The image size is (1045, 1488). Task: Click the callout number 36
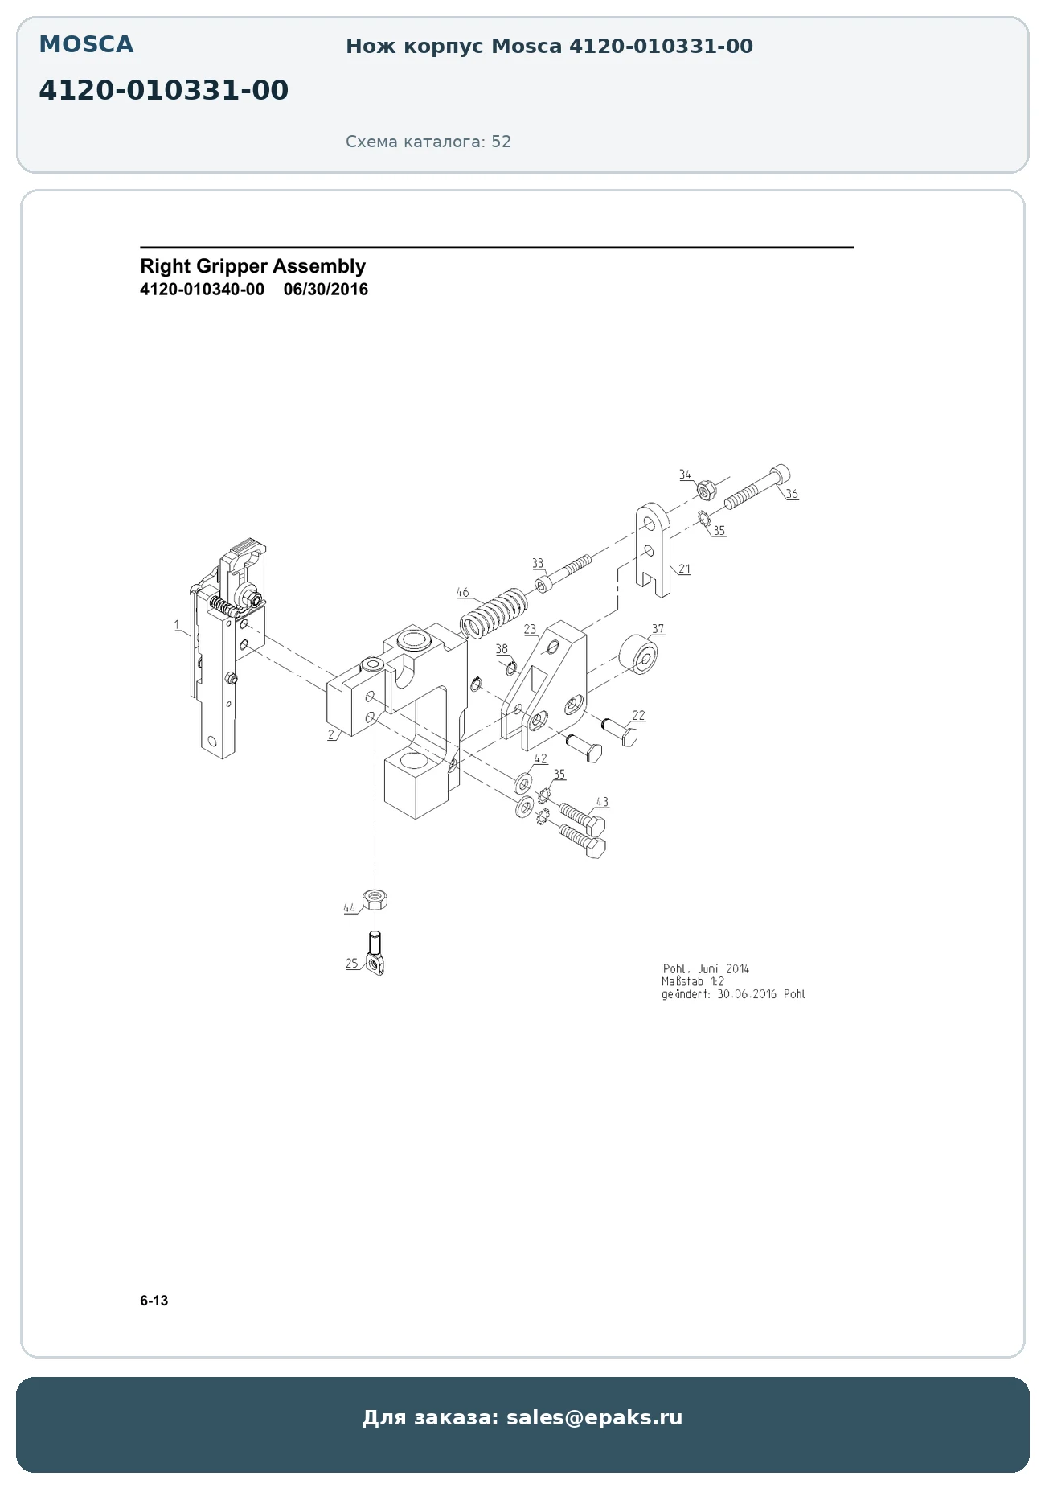[x=792, y=494]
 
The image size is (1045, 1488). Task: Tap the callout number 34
[x=685, y=475]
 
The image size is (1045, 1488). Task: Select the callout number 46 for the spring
[x=462, y=593]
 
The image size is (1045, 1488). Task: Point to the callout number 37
[x=658, y=629]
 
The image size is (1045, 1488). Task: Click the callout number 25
[x=352, y=964]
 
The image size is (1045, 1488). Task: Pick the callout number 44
[x=349, y=908]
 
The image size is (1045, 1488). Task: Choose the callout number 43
[x=602, y=802]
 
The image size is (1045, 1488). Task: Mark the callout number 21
[x=684, y=569]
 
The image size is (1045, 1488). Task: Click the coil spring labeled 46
[x=493, y=612]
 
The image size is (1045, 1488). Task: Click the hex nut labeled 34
[x=707, y=489]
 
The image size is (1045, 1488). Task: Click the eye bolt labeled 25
[x=375, y=953]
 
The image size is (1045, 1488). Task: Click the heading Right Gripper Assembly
[x=252, y=266]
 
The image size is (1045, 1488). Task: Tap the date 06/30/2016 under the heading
[x=326, y=290]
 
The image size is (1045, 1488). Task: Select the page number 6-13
[x=154, y=1301]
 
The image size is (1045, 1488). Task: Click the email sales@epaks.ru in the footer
[x=594, y=1417]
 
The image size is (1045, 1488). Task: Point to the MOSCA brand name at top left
[x=86, y=45]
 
